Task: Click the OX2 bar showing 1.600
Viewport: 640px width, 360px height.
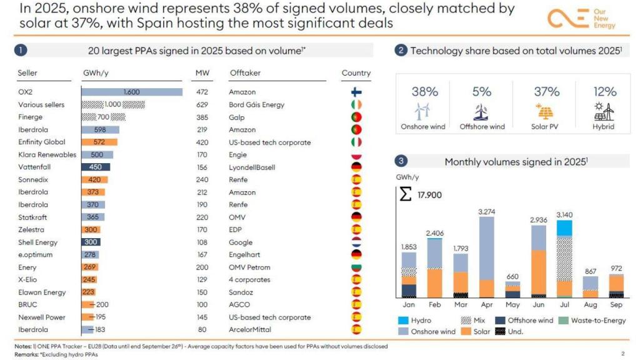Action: click(132, 92)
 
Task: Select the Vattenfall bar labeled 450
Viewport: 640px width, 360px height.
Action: click(96, 167)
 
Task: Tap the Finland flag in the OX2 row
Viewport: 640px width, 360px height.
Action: click(356, 92)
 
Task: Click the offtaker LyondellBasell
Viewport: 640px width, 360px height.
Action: click(251, 167)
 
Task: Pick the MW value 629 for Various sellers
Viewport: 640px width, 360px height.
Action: click(202, 104)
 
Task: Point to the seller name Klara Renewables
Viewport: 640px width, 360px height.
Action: click(47, 154)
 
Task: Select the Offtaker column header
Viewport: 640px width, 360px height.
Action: click(245, 73)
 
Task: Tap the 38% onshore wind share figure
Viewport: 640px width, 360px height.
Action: click(424, 92)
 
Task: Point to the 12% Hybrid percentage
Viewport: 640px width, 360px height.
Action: click(604, 92)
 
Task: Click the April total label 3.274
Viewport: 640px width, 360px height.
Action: click(487, 212)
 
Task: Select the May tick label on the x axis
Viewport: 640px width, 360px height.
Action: click(512, 305)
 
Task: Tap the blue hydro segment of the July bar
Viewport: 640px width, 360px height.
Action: click(564, 228)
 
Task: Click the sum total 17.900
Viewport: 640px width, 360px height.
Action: click(429, 195)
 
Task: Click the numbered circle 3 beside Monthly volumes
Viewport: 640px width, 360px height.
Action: click(401, 161)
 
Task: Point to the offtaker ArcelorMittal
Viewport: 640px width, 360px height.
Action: click(250, 329)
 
